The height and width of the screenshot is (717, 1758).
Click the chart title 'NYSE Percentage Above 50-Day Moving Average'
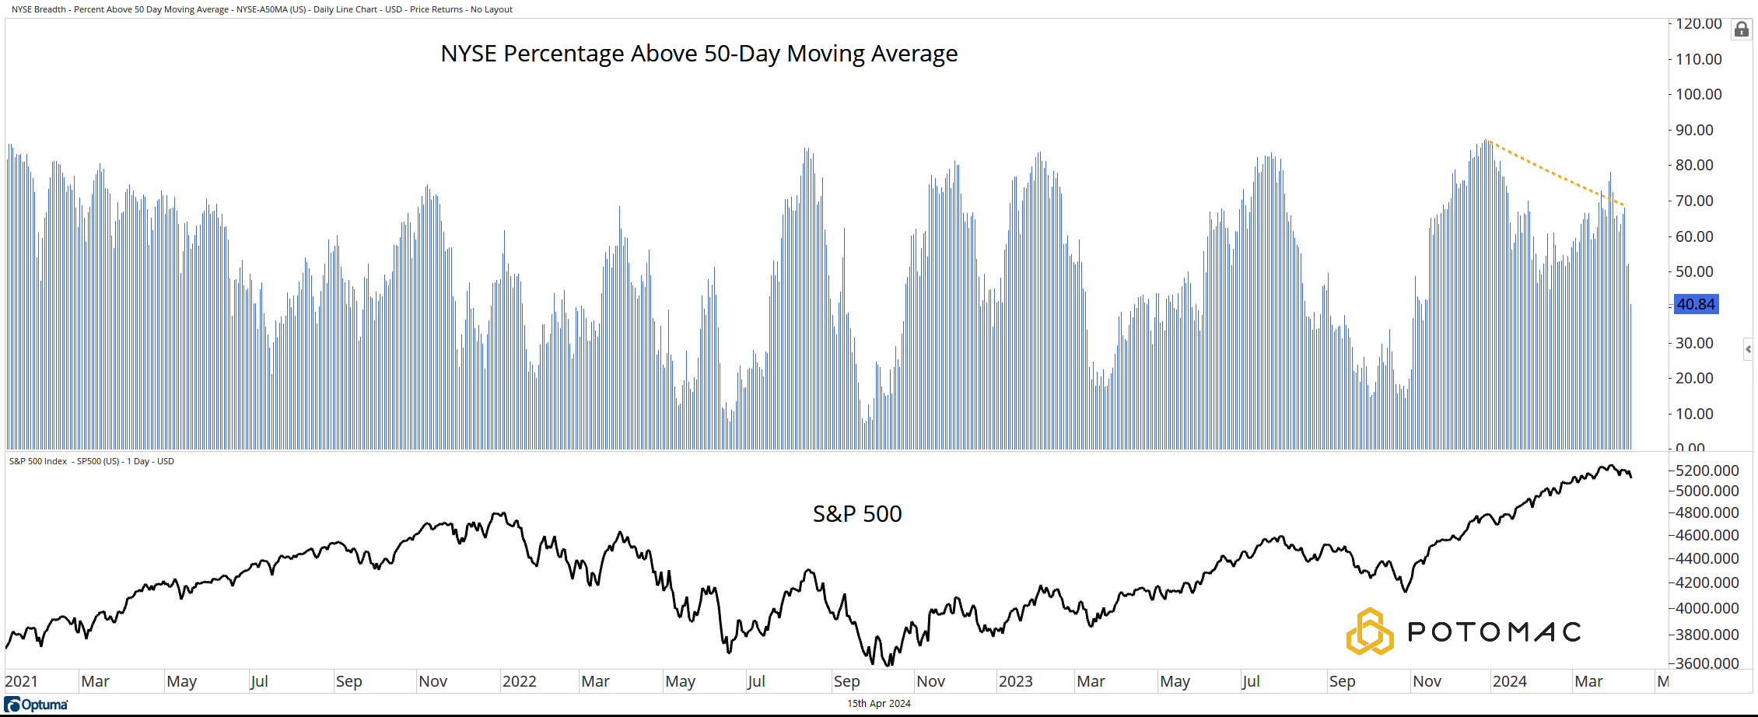click(699, 54)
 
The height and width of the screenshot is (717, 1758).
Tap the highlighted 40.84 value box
click(1696, 304)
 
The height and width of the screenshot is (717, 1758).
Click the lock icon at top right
click(1742, 30)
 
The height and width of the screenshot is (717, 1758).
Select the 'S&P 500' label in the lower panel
click(856, 514)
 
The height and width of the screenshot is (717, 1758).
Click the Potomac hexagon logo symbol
click(1369, 631)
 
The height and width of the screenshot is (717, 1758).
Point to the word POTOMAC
click(1494, 631)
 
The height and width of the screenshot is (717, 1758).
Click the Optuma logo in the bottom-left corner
click(37, 705)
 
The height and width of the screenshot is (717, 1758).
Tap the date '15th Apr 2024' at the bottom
click(879, 704)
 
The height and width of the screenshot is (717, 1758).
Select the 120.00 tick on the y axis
click(1699, 24)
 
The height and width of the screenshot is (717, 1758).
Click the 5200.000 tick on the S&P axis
click(1707, 470)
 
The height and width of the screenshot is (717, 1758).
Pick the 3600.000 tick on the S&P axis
click(1707, 663)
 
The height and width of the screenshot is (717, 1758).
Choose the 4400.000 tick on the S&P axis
click(1707, 558)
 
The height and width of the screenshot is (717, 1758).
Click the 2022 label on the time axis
click(520, 682)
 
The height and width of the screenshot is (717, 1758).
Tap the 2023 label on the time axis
click(1015, 682)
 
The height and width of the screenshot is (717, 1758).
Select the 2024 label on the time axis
click(1510, 682)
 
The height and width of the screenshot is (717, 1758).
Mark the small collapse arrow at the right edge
click(1749, 349)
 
